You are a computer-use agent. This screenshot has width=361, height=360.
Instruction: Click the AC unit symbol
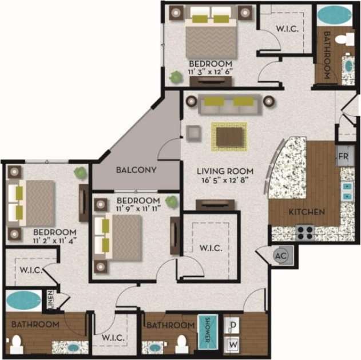pos(281,256)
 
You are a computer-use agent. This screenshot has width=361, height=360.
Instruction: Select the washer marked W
pos(233,345)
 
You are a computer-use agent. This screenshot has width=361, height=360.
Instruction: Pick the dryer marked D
pos(233,325)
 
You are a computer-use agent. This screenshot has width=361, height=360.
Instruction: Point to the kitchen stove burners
pos(306,232)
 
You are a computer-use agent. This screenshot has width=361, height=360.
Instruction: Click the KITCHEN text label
pos(307,212)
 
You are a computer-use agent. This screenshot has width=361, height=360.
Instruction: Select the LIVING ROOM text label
pos(222,171)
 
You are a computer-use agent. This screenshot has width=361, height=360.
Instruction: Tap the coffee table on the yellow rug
pos(229,136)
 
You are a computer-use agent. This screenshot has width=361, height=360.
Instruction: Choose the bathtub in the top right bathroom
pos(335,14)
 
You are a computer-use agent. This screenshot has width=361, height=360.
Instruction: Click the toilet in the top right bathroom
pos(344,39)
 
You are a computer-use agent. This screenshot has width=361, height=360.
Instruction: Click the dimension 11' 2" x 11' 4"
pos(55,240)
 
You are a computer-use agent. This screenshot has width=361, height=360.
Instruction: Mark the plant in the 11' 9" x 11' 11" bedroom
pos(170,201)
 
